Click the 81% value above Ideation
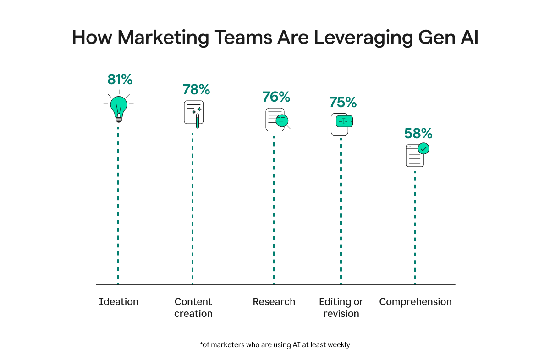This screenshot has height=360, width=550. click(120, 80)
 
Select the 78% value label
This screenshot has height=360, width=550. click(196, 89)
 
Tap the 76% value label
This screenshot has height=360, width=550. click(276, 97)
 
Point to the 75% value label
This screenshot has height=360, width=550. click(343, 103)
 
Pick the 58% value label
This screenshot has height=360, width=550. click(418, 133)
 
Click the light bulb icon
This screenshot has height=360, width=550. click(118, 108)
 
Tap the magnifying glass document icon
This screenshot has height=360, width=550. click(277, 120)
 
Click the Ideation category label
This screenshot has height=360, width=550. click(119, 302)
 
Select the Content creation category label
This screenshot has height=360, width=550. click(193, 308)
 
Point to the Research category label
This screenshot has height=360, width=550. click(274, 302)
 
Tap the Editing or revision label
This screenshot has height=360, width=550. click(341, 308)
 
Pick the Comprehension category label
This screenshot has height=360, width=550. click(416, 302)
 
